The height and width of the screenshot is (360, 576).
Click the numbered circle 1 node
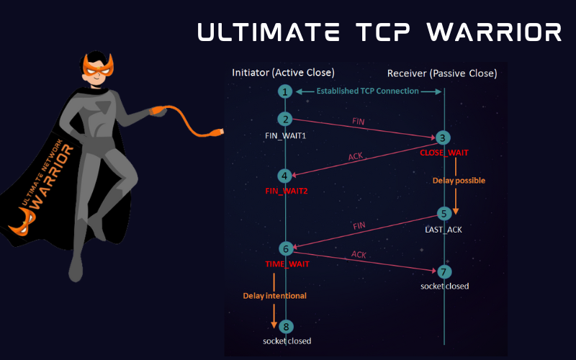286,91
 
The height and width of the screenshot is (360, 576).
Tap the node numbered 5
444,214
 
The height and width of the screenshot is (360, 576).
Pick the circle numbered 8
286,326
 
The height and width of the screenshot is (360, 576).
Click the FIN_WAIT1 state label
286,135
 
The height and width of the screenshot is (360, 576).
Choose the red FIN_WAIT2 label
286,191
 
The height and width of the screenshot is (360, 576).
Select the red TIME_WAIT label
287,265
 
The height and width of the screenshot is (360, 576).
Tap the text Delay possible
459,181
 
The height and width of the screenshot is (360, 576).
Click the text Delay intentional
274,295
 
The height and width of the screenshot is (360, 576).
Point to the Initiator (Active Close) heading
283,73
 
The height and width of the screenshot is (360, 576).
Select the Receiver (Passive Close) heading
442,73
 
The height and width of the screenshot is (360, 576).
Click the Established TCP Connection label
368,91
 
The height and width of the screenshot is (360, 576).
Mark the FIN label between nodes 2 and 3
357,122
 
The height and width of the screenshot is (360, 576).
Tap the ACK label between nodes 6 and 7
359,254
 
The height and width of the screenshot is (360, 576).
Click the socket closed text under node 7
445,286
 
